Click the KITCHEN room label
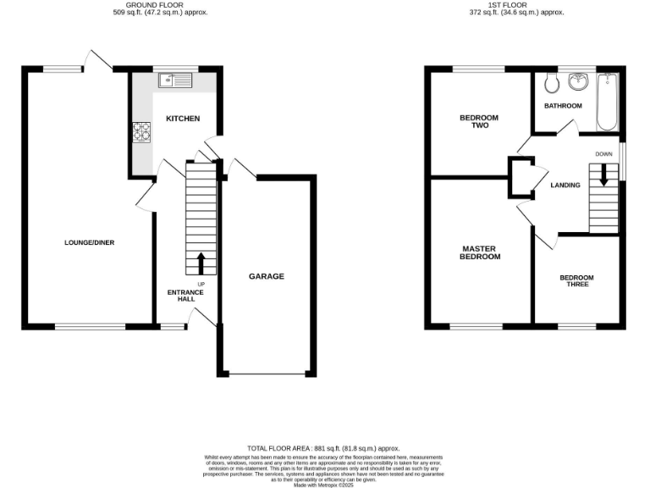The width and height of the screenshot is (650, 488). click(183, 119)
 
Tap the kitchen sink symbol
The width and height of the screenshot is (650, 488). click(174, 81)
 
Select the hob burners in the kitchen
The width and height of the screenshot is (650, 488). click(141, 133)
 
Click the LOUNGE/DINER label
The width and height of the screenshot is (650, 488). click(89, 242)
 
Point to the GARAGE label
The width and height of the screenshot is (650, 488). click(266, 276)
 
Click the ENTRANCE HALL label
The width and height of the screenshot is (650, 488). click(185, 296)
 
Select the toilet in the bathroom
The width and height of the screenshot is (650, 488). click(551, 82)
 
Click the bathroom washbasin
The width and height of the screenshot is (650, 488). click(579, 82)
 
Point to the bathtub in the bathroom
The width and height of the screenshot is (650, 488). click(607, 102)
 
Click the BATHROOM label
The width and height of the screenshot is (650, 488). click(563, 106)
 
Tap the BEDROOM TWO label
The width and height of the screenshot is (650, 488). click(479, 121)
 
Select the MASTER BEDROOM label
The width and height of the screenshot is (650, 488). click(480, 252)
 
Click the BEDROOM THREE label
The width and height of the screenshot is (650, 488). click(576, 281)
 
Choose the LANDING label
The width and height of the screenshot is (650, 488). click(565, 185)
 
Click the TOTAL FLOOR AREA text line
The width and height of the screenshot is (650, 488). click(323, 448)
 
